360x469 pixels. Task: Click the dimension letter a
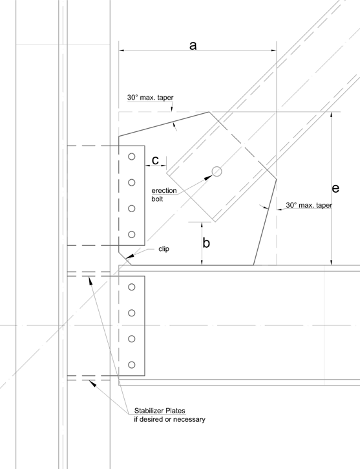193,45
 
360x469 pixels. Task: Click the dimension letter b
206,243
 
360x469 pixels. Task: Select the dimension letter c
155,160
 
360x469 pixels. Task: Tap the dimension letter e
335,188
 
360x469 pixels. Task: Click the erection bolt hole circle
217,171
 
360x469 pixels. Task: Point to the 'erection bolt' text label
164,195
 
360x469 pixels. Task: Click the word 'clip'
164,249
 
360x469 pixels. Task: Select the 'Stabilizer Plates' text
160,410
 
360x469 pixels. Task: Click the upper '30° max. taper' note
151,98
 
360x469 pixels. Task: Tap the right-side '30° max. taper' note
309,205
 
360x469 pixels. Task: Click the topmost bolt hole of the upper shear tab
131,157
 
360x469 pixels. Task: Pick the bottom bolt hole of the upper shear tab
131,234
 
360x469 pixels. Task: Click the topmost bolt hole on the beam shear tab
131,287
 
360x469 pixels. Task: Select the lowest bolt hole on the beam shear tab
131,365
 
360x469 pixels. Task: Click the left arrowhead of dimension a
122,50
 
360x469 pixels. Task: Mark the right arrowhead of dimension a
273,50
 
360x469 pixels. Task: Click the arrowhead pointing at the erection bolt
208,177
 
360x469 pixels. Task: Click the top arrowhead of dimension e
331,115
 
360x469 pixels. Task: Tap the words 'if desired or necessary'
169,419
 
